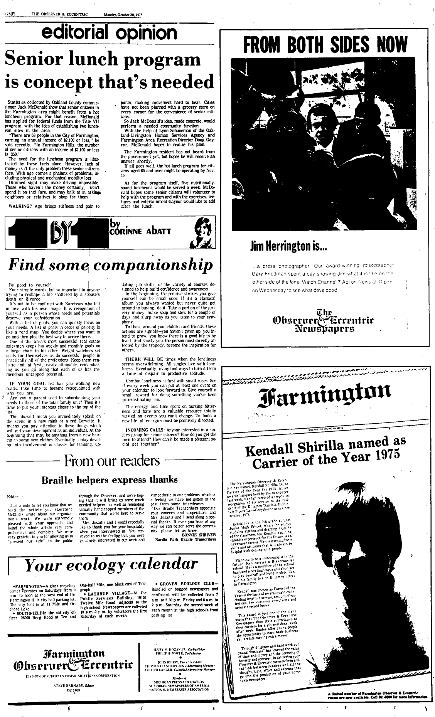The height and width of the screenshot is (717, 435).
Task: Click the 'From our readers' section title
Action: [x=112, y=461]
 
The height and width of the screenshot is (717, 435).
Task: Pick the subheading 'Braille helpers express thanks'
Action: [x=110, y=480]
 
